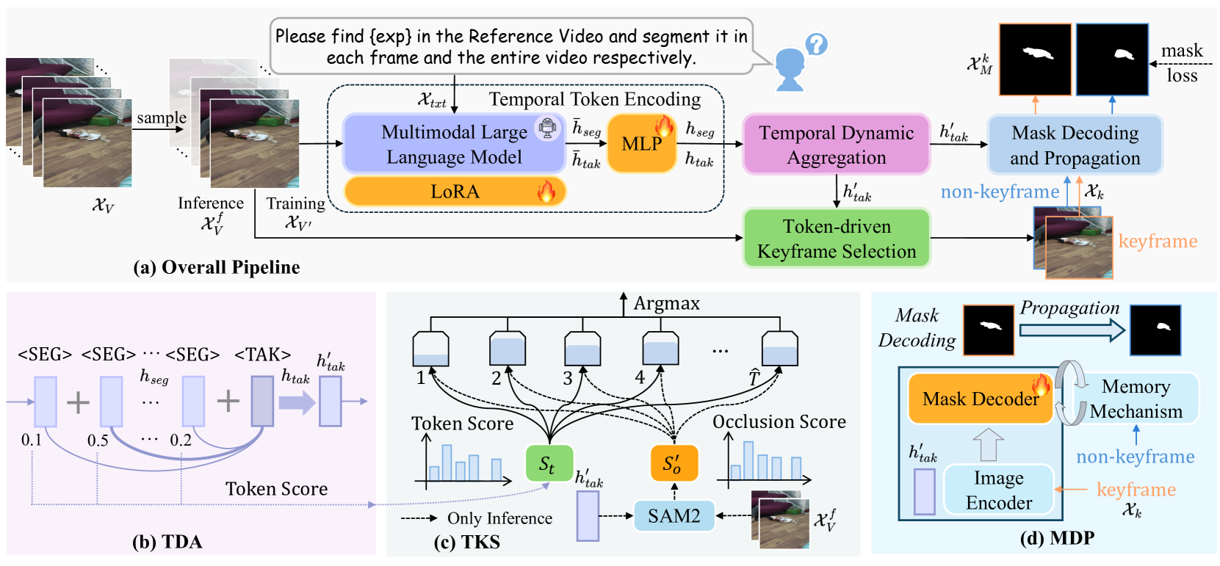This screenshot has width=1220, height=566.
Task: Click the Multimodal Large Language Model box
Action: click(453, 144)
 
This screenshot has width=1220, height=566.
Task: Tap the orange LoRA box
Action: click(455, 192)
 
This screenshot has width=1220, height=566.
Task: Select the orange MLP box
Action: click(641, 144)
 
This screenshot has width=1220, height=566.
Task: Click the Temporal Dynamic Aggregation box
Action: click(836, 145)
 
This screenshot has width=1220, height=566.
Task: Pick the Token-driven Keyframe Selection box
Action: click(836, 239)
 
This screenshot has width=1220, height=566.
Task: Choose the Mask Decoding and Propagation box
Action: click(1075, 145)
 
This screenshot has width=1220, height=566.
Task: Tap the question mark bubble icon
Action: click(816, 45)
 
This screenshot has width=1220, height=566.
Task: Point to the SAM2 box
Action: click(674, 516)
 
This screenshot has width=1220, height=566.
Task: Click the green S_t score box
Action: click(548, 463)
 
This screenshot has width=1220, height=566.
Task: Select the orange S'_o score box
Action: click(673, 463)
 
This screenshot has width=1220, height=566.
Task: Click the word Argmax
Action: click(666, 303)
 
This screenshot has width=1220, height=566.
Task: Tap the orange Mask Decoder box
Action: click(980, 399)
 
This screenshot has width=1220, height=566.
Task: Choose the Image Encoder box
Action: click(998, 490)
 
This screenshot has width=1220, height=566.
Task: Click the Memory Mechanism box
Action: click(1136, 399)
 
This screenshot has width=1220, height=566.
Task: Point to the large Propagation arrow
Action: click(1072, 330)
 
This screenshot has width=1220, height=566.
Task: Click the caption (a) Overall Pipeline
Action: click(216, 267)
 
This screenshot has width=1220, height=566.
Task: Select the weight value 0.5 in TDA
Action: click(98, 440)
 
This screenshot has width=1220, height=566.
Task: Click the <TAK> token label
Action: click(262, 355)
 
